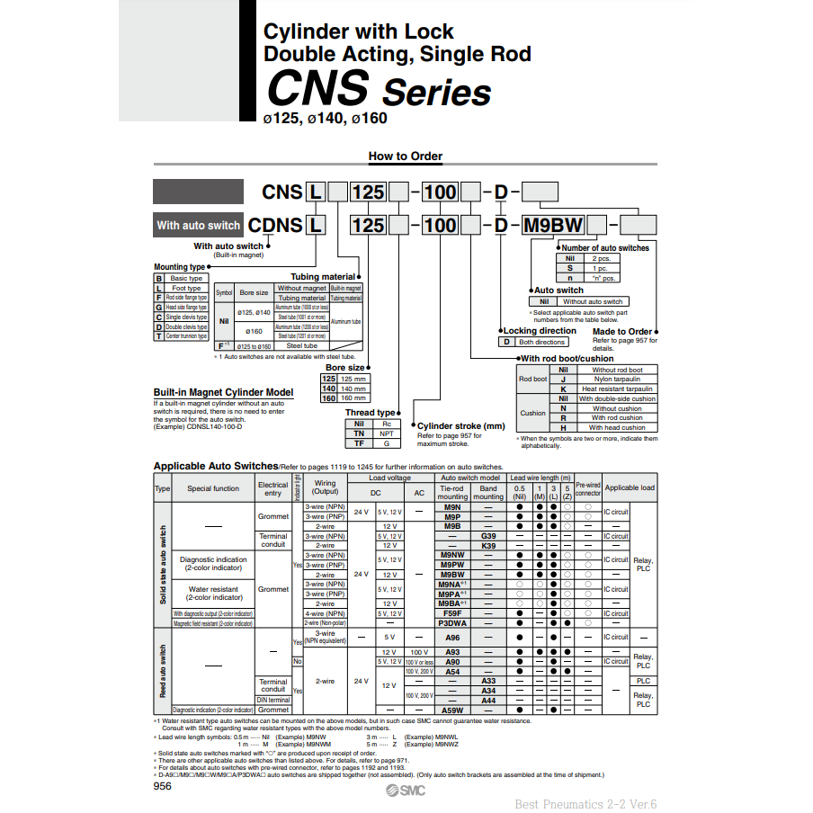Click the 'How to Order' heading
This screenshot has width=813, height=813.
click(405, 156)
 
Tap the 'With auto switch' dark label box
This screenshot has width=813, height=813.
click(198, 225)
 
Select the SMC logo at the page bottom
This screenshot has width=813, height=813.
click(404, 790)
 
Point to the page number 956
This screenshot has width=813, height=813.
click(163, 785)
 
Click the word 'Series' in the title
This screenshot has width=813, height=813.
click(437, 93)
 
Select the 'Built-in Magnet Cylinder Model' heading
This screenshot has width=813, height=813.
click(223, 393)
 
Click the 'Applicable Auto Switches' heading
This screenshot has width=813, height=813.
click(216, 466)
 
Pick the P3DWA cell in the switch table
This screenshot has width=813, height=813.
click(452, 622)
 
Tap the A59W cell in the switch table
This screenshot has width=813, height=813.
click(452, 710)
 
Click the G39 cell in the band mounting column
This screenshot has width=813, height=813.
click(488, 536)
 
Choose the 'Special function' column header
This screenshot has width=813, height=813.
click(213, 488)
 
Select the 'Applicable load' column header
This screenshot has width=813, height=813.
click(630, 488)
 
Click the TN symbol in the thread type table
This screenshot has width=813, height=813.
click(359, 433)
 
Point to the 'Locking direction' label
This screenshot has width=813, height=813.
click(540, 331)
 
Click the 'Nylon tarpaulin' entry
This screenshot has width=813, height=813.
click(617, 380)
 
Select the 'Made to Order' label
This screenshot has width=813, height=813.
click(622, 332)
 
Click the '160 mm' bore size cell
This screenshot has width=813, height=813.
click(353, 398)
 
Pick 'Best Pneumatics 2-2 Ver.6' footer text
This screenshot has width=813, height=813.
click(585, 804)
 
